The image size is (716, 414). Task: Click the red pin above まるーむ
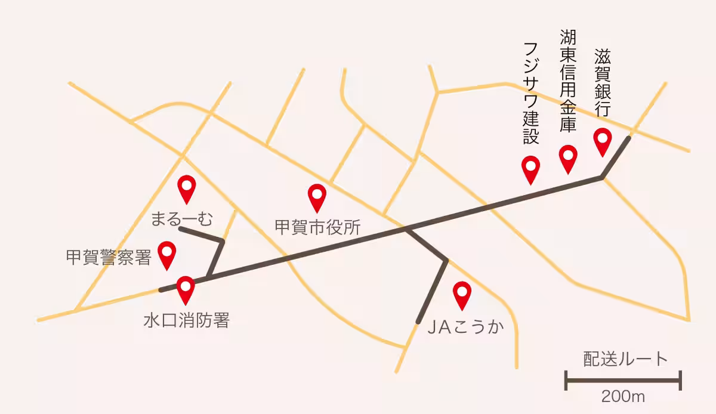coord(187,188)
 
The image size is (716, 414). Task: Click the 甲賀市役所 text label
coord(317,227)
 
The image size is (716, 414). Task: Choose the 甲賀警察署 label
coord(109,258)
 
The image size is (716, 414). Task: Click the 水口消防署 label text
coord(186,321)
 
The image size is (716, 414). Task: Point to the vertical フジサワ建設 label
coord(530,93)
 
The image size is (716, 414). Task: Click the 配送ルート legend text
coord(625,359)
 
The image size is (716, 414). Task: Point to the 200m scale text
coord(624,395)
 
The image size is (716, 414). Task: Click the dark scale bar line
coord(623,379)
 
